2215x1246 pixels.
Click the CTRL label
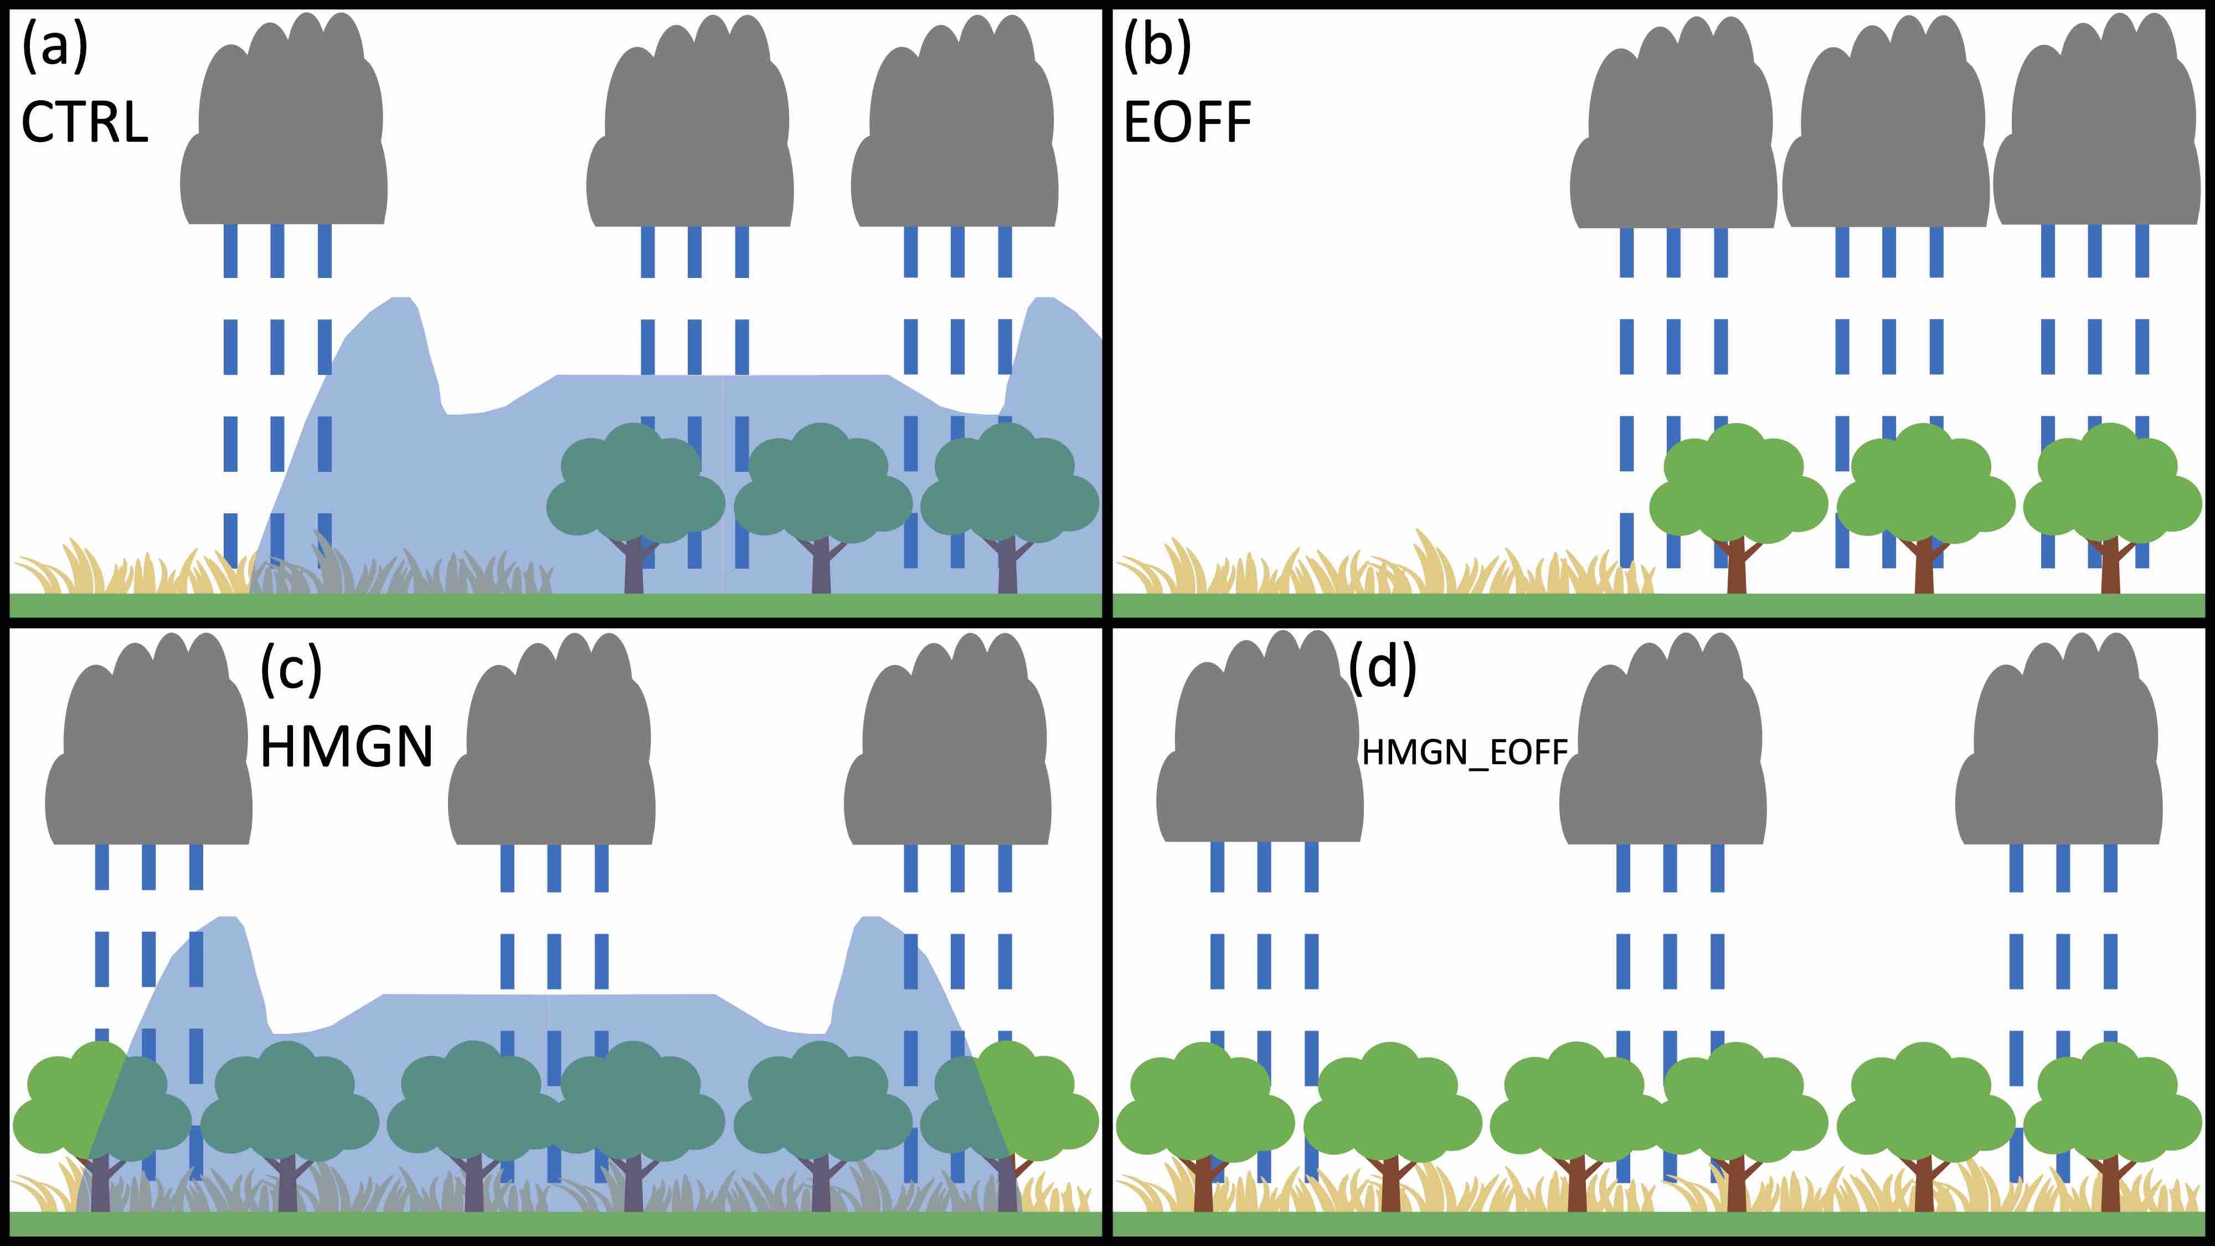coord(84,122)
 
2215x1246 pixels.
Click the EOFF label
coord(1187,122)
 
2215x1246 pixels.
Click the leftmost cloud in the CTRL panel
coord(284,129)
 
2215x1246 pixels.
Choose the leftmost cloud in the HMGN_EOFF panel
coord(1260,748)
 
